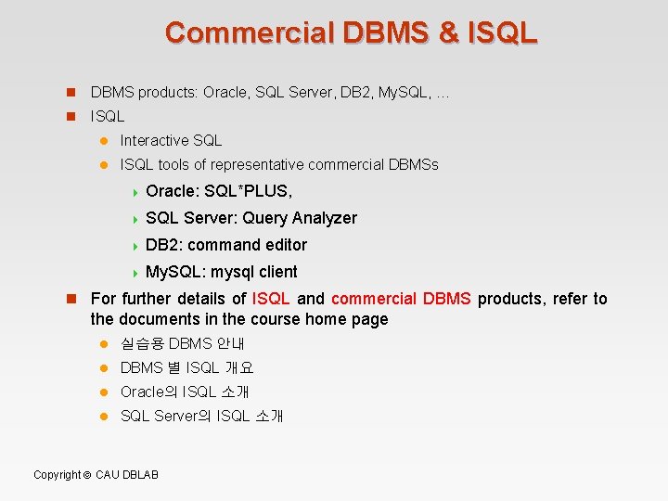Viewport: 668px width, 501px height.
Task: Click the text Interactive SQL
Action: tap(172, 141)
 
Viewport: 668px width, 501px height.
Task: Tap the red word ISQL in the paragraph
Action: tap(271, 299)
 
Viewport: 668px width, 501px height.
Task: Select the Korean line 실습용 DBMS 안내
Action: tap(182, 343)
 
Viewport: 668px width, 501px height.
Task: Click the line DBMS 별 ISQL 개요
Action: tap(186, 367)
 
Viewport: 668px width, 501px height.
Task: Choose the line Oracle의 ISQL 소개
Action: tap(185, 392)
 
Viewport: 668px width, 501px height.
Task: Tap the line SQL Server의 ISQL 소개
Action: tap(201, 416)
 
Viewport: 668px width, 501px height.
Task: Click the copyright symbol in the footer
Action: tap(86, 475)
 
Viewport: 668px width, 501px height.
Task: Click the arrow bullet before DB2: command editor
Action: tap(135, 246)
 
